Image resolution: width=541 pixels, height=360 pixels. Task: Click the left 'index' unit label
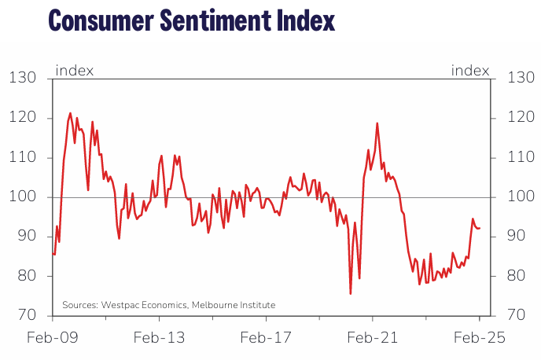pos(74,71)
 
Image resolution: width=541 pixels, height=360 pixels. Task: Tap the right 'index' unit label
pos(470,71)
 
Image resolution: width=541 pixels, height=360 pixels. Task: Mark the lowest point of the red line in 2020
pos(350,294)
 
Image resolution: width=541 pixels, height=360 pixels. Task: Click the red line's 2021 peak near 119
pos(377,123)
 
